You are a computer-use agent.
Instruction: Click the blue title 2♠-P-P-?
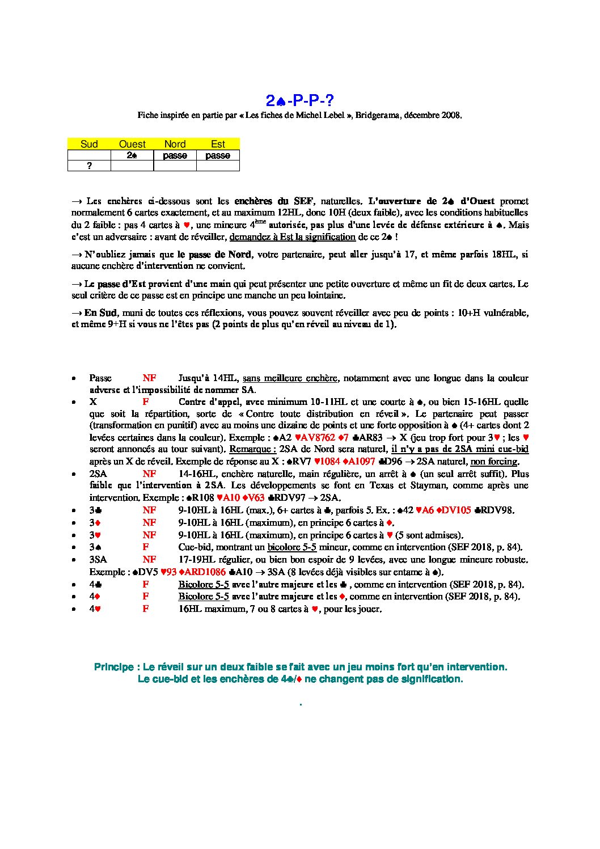tap(299, 101)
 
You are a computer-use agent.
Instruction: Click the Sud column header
tap(89, 144)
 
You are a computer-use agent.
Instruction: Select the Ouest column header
tap(132, 144)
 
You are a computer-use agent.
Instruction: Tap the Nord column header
tap(175, 144)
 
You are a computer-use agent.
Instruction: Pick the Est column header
tap(218, 144)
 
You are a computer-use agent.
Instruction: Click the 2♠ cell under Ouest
tap(132, 155)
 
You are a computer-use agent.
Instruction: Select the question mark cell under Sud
tap(89, 166)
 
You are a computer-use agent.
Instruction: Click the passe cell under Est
tap(218, 155)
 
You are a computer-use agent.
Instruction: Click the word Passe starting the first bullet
tap(100, 378)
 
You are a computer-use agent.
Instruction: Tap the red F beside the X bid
tap(146, 402)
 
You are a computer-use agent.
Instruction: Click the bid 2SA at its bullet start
tap(98, 474)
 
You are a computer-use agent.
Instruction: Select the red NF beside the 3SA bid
tap(149, 559)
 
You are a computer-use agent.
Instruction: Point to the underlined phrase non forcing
tap(494, 461)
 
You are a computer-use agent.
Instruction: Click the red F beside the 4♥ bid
tap(146, 609)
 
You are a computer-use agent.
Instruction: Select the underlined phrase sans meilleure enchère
tap(290, 378)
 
